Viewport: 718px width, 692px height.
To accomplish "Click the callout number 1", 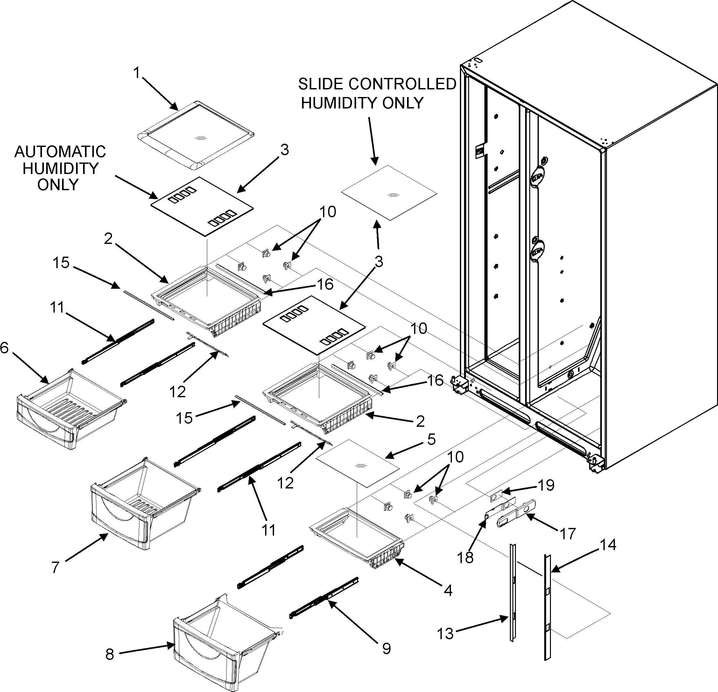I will (x=137, y=73).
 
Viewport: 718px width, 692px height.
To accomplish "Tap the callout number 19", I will (x=546, y=485).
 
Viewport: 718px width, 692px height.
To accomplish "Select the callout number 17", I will (x=568, y=534).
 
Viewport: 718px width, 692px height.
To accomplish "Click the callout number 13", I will (x=445, y=633).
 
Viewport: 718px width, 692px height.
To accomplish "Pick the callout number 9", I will (x=386, y=649).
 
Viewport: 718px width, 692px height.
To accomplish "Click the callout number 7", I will (x=55, y=568).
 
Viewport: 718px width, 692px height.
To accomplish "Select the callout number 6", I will (x=4, y=348).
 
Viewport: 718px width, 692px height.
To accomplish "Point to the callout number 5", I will (x=432, y=439).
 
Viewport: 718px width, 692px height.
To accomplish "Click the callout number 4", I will (x=448, y=590).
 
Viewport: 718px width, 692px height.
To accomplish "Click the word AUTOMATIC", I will (x=60, y=152).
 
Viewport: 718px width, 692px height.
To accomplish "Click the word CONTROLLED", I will (x=402, y=84).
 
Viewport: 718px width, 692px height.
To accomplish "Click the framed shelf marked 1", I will (x=196, y=135).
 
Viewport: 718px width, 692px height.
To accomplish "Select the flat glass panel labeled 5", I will (x=357, y=463).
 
